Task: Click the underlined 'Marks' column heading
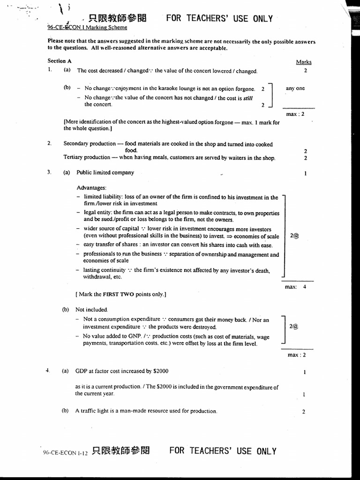click(303, 62)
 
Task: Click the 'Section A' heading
click(60, 61)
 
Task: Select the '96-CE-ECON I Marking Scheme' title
click(87, 27)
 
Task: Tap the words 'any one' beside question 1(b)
click(295, 88)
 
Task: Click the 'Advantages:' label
click(91, 187)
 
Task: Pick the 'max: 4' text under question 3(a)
click(295, 287)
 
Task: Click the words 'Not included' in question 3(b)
click(91, 309)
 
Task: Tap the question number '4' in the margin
click(47, 371)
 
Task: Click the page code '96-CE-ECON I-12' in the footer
click(65, 452)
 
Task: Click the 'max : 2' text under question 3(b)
click(296, 355)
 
